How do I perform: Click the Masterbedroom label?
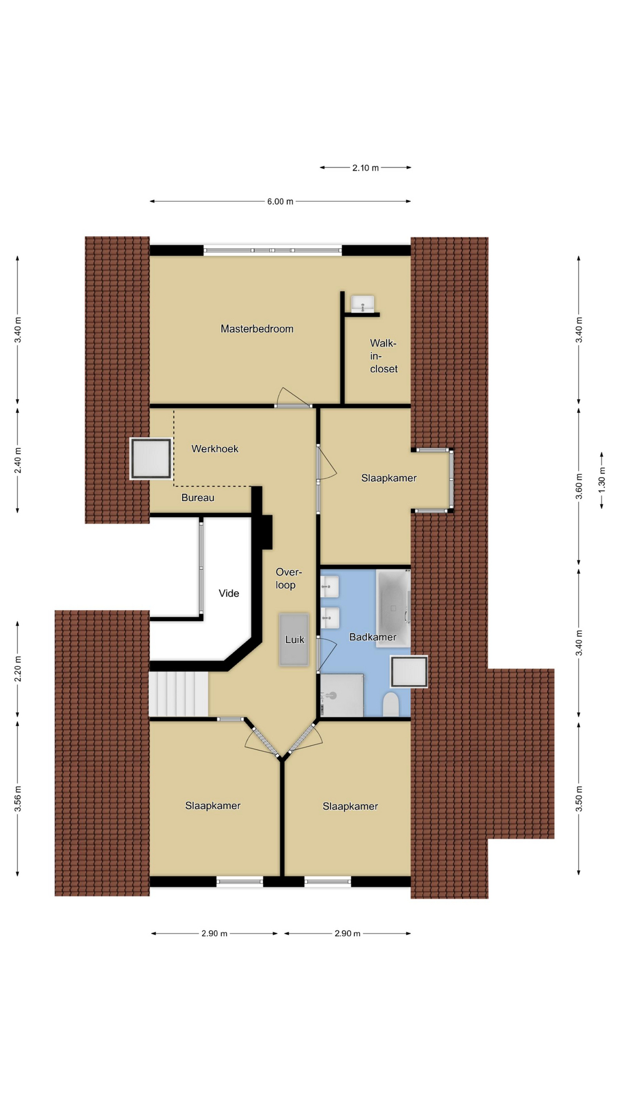257,329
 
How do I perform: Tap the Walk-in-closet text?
383,356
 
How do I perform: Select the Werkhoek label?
215,449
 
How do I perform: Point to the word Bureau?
198,498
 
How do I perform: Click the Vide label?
229,594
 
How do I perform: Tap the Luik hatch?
294,640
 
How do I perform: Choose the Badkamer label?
373,637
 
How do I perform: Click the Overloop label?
288,579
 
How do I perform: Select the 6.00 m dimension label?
280,202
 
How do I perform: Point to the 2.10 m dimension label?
366,168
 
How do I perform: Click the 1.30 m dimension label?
602,481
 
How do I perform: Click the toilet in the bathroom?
391,705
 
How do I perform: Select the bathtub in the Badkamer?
393,608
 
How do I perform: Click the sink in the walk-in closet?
363,304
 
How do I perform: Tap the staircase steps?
179,694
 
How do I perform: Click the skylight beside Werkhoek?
151,459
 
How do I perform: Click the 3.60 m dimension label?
579,486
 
